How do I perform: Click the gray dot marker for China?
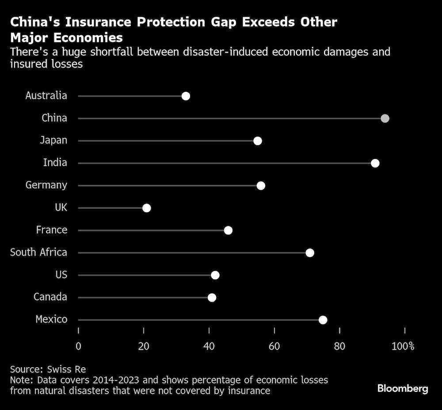pos(385,118)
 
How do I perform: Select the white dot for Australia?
pos(186,96)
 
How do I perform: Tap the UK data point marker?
pos(147,208)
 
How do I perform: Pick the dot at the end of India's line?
pos(375,163)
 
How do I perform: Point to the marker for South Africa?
pos(310,252)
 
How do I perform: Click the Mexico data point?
pos(323,320)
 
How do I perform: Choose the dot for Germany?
pos(261,185)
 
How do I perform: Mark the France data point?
pos(228,230)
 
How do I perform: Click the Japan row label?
pos(53,140)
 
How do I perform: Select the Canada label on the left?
pos(50,297)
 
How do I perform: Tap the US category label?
pos(61,275)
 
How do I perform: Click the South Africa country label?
pos(38,252)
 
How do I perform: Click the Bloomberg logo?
pos(403,388)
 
